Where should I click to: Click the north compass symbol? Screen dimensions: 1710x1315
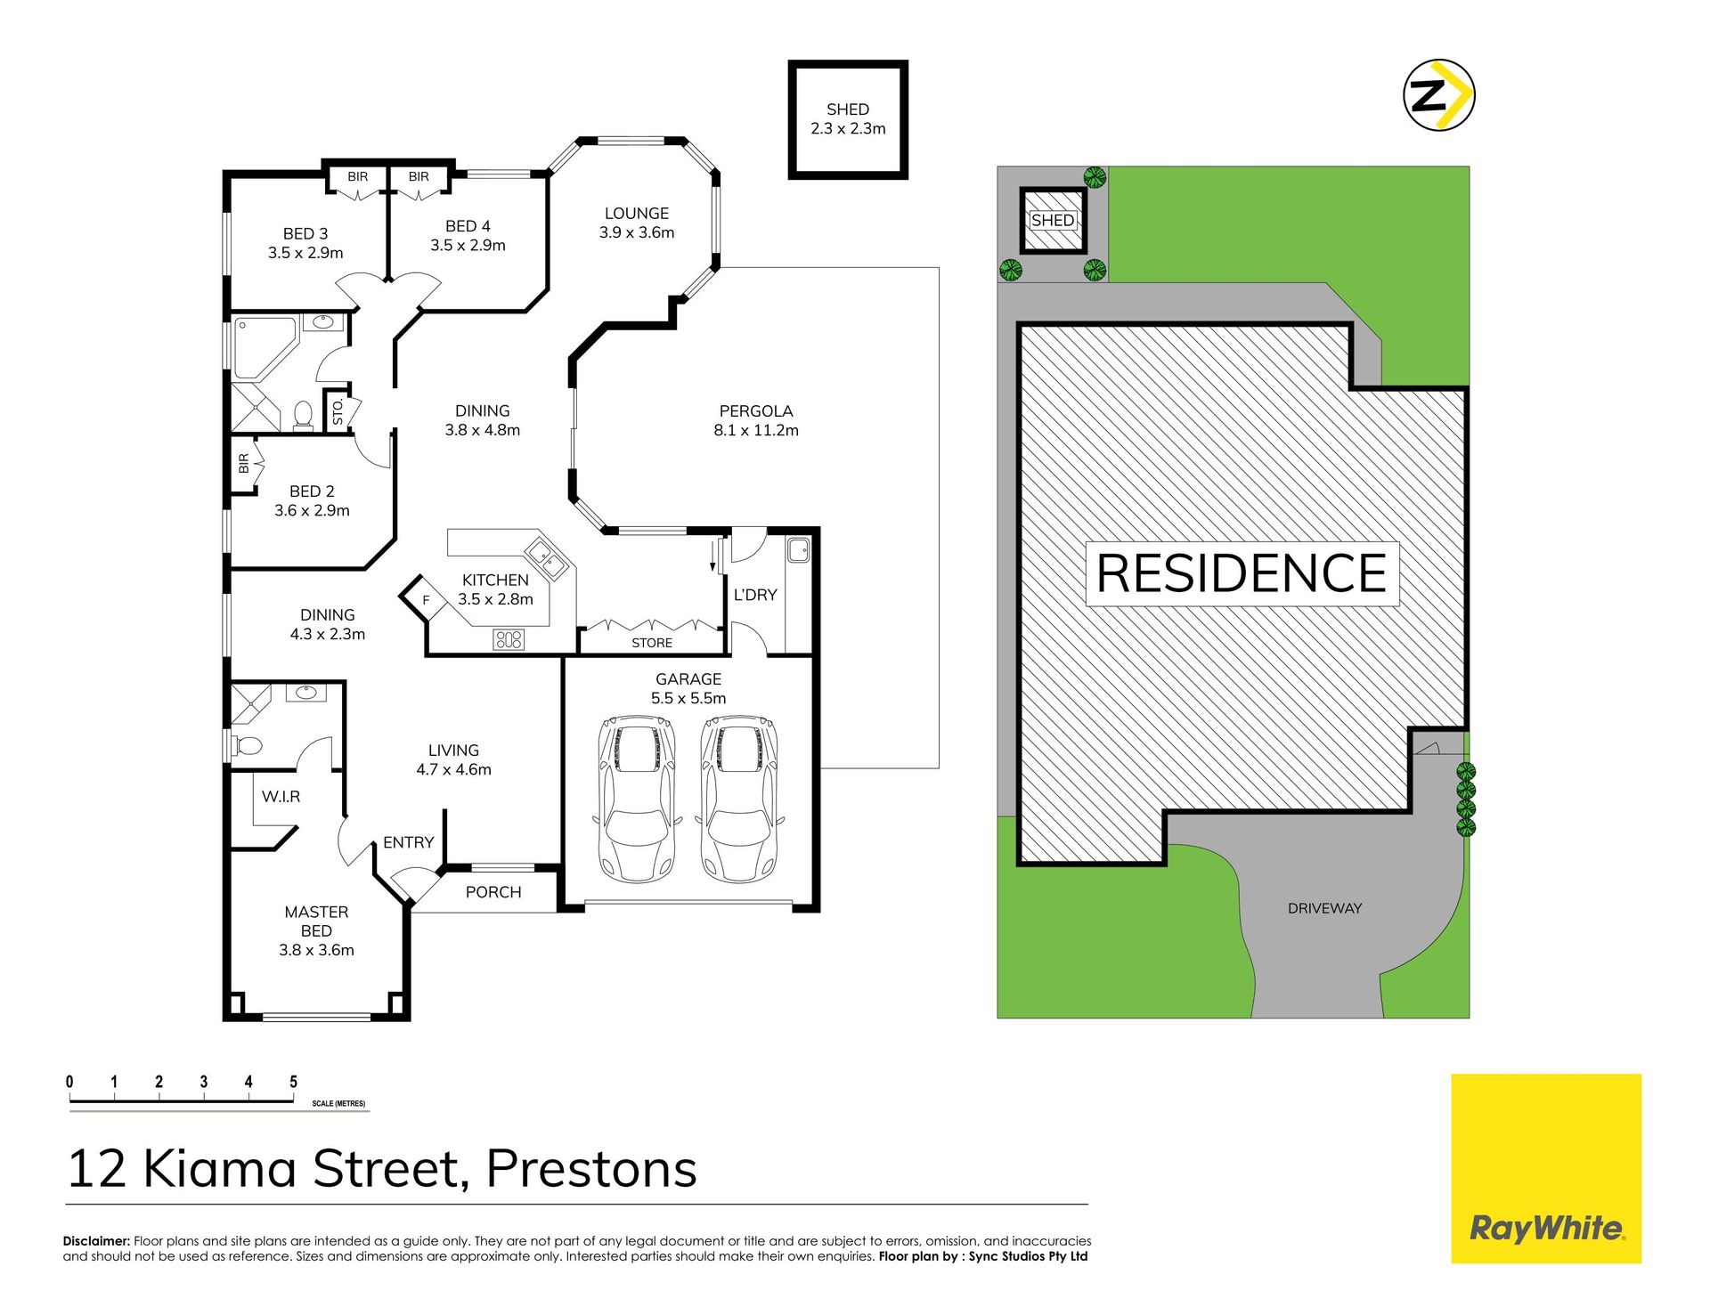click(x=1438, y=95)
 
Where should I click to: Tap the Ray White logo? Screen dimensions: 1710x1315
click(x=1546, y=1168)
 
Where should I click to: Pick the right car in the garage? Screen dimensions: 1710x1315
click(x=739, y=799)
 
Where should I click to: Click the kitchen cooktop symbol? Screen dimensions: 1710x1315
click(x=509, y=638)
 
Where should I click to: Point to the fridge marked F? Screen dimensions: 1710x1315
click(x=424, y=600)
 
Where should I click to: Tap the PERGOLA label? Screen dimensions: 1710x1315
click(x=756, y=411)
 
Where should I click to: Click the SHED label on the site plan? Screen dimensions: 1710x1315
click(x=1053, y=220)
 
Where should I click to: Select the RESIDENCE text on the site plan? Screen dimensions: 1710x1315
click(x=1242, y=573)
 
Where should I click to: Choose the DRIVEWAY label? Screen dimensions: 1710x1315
click(x=1324, y=908)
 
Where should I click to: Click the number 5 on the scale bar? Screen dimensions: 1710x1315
click(x=293, y=1082)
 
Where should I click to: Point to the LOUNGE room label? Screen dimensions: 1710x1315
click(x=637, y=214)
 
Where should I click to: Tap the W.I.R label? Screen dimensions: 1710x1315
click(x=281, y=797)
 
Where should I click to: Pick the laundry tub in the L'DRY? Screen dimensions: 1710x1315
click(x=798, y=550)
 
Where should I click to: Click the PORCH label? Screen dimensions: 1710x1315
click(x=493, y=892)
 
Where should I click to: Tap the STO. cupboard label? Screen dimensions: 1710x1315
click(x=338, y=412)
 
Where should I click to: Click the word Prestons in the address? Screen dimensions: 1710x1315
click(x=591, y=1168)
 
